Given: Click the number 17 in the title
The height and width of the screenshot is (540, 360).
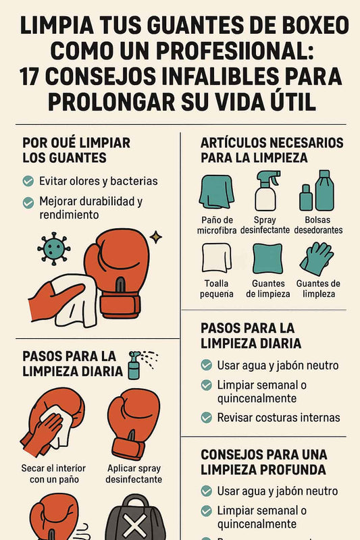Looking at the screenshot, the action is pos(29,76).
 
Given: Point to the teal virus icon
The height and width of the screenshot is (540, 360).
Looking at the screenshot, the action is pos(54,248).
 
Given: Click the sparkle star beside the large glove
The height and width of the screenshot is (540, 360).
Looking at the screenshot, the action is pos(156,237).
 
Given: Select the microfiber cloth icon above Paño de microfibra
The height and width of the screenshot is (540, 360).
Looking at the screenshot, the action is pos(216,192).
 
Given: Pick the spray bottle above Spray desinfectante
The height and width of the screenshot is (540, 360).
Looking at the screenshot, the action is pos(267,191).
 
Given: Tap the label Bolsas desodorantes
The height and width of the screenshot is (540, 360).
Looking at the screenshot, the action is pos(318,225).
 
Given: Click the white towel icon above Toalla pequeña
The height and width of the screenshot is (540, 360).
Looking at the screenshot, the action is pos(216,259).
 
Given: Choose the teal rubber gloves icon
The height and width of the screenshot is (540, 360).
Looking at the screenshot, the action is pos(317,259).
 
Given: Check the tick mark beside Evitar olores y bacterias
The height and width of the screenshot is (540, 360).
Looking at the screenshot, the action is pos(28,181).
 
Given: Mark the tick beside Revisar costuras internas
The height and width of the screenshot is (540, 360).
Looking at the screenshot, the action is pos(207,418).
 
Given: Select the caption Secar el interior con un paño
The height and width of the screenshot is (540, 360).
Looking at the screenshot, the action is pos(54,474).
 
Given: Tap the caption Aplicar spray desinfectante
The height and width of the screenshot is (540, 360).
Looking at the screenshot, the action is pos(134,474).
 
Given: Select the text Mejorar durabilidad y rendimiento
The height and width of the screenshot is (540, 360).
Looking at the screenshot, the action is pos(91,208).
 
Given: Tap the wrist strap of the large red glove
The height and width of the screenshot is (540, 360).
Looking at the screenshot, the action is pos(120,306).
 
